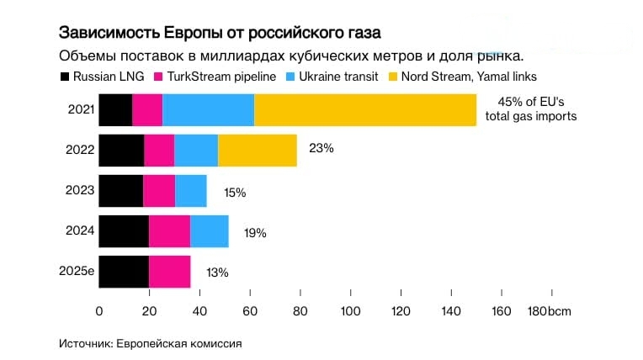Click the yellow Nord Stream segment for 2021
364,110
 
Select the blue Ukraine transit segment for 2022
196,151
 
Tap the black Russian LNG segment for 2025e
124,272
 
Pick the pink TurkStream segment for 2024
169,231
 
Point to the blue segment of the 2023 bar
190,191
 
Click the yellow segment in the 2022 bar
257,151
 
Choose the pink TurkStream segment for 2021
147,110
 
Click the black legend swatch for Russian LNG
64,77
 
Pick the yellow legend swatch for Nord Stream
393,77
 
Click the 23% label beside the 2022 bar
321,148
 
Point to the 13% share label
216,273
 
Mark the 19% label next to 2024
254,233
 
